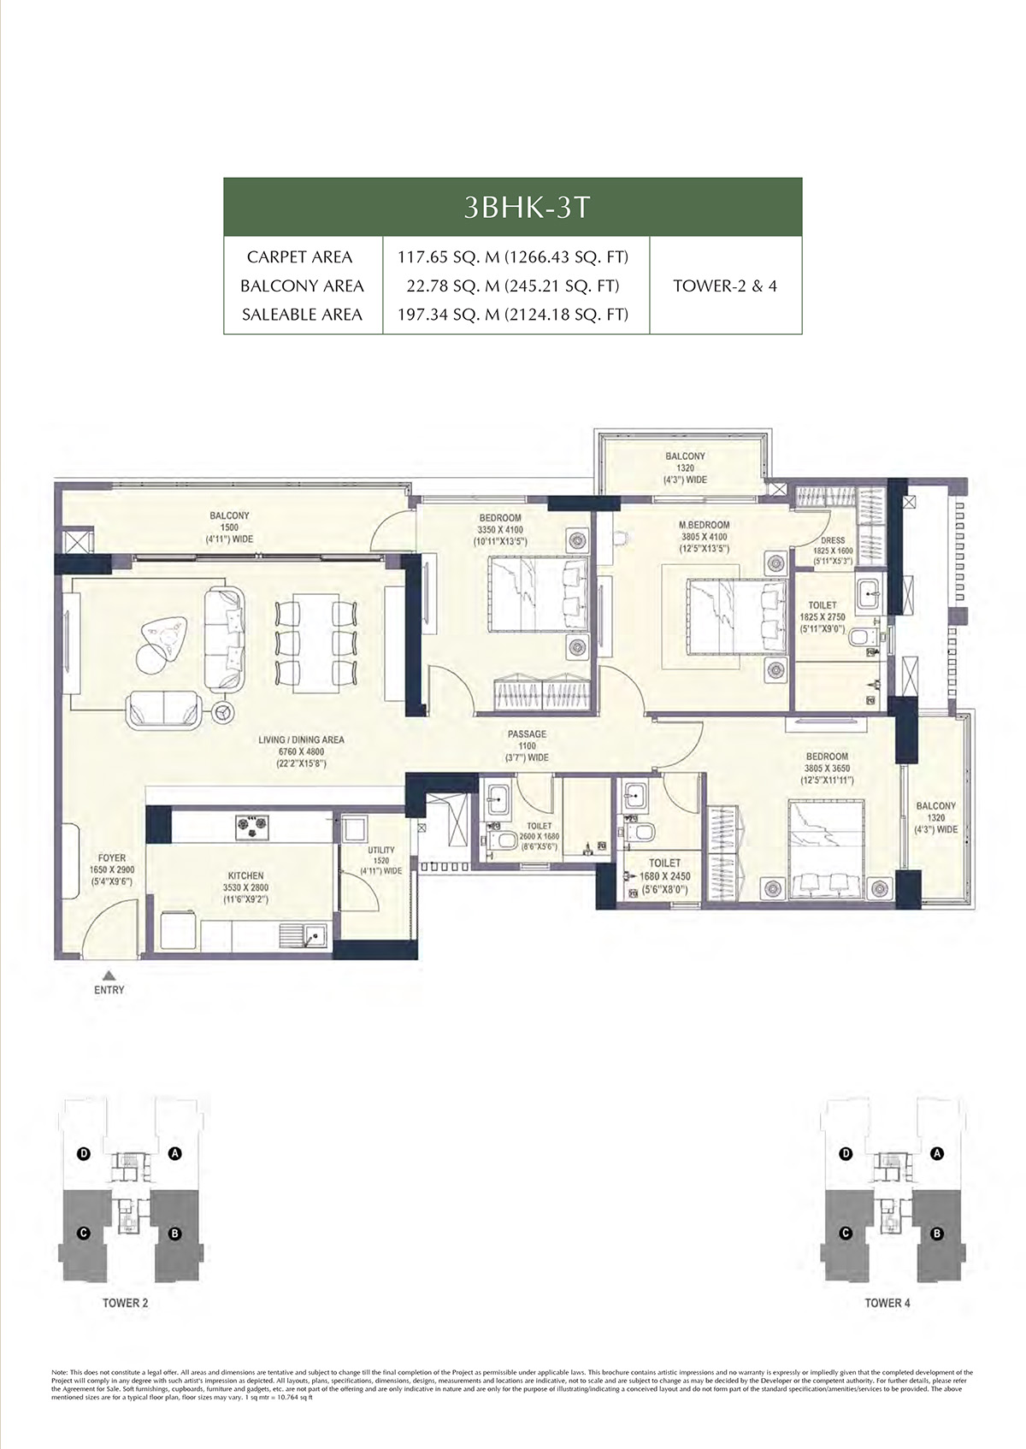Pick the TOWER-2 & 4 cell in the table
coord(725,286)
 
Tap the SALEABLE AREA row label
coord(302,315)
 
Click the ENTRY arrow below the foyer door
coord(109,974)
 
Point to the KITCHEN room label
coord(246,876)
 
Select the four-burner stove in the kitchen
coord(251,825)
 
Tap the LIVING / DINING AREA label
coord(301,740)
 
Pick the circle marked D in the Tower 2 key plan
coord(84,1154)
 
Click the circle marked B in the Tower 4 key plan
coord(936,1234)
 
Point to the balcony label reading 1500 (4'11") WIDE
coord(229,527)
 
